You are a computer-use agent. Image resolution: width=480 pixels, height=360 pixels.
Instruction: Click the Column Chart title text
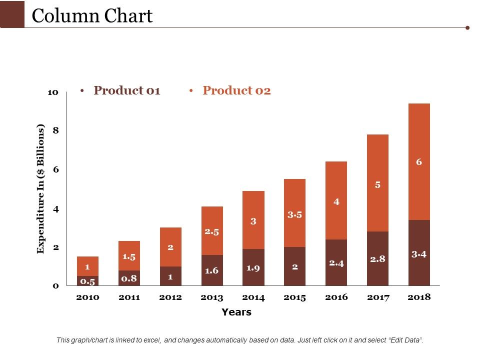[x=92, y=16]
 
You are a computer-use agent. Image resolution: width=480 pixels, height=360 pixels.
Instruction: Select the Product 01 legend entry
[x=126, y=90]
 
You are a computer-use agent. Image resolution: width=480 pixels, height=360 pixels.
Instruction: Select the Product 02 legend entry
[x=236, y=90]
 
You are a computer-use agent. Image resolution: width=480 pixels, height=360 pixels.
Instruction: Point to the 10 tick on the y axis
[x=53, y=92]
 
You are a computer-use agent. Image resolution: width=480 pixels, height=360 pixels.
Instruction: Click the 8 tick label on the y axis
[x=56, y=130]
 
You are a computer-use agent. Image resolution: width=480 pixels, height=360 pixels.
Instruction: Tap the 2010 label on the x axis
[x=87, y=297]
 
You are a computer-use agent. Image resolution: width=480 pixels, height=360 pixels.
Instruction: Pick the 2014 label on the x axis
[x=253, y=297]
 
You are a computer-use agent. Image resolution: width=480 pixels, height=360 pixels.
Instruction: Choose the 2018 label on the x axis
[x=419, y=297]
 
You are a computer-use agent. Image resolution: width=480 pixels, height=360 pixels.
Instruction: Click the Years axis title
[x=236, y=312]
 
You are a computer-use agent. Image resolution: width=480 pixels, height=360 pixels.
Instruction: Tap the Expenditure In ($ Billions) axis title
[x=41, y=188]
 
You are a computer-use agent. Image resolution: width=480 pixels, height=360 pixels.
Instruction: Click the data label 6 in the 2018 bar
[x=419, y=161]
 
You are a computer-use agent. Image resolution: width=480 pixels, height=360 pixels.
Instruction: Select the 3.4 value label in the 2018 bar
[x=419, y=254]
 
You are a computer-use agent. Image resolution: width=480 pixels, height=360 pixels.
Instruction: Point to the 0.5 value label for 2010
[x=87, y=281]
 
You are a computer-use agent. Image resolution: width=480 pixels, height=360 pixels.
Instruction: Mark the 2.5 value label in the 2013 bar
[x=212, y=231]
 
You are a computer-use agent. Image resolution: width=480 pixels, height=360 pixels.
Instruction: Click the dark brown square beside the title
[x=12, y=14]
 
